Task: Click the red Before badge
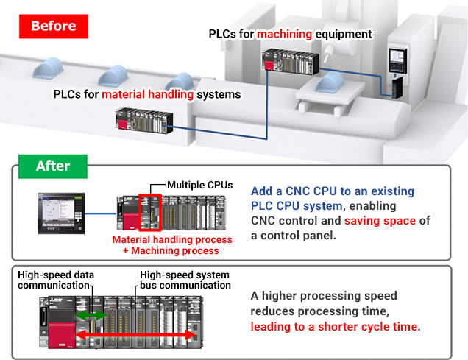coord(54,26)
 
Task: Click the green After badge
coord(53,166)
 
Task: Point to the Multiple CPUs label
coord(200,185)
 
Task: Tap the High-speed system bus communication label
coord(185,279)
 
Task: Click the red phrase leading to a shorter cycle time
coord(335,326)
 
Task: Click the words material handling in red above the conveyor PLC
coord(148,94)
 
